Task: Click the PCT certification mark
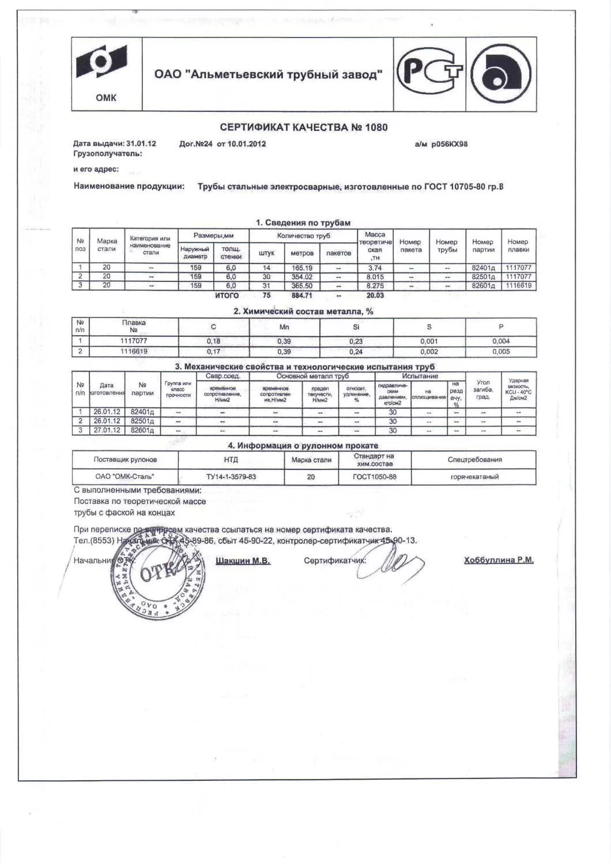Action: (431, 73)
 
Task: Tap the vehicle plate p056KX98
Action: (449, 144)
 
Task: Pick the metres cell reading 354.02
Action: (302, 276)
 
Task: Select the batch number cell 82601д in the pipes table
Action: (483, 285)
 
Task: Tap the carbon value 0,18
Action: (213, 341)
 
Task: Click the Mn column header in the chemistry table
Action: (284, 326)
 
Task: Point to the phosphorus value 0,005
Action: (501, 351)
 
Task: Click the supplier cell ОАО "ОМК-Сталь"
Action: (125, 477)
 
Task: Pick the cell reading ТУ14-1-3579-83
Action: (231, 477)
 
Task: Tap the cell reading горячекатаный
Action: (474, 477)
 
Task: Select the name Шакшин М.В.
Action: (243, 561)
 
